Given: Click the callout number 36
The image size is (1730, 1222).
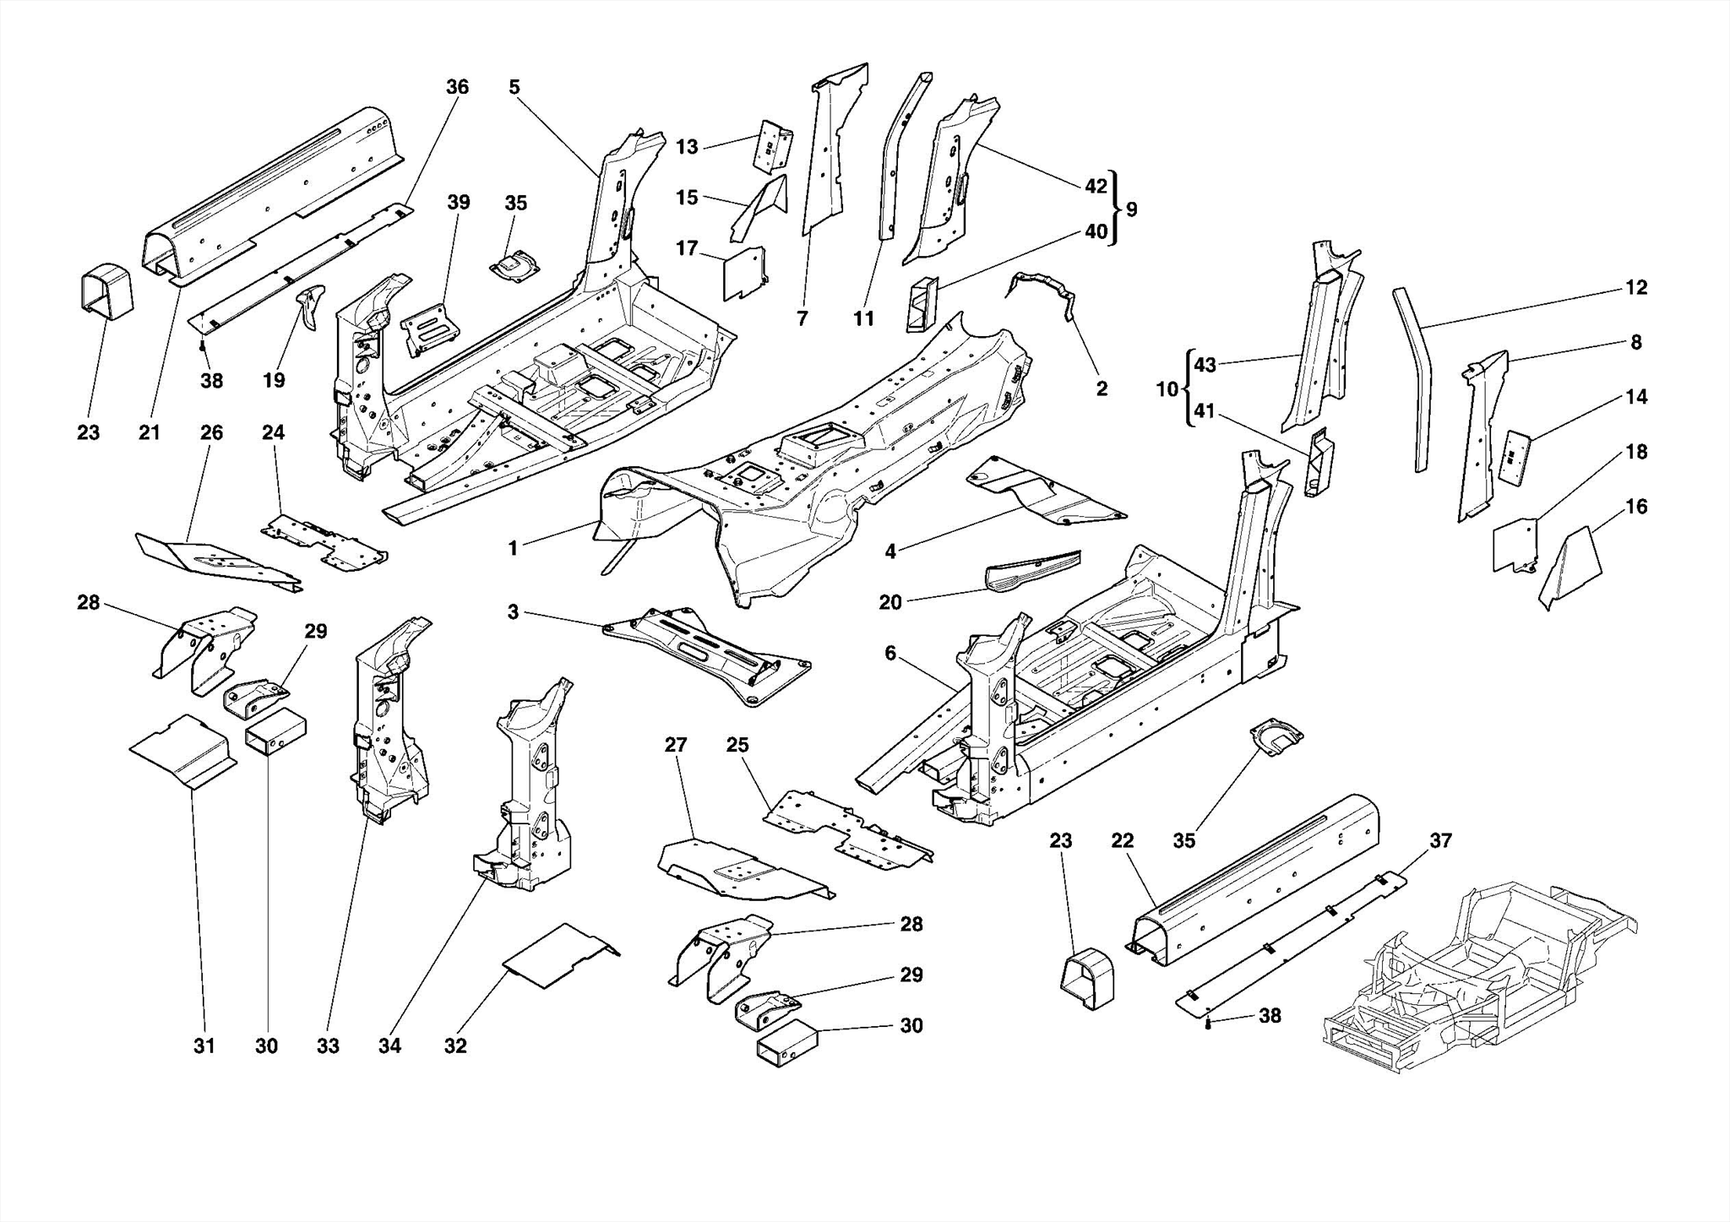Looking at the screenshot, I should pyautogui.click(x=457, y=87).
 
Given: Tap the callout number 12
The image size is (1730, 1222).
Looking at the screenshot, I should pyautogui.click(x=1636, y=287).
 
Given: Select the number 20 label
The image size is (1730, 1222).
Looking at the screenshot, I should pyautogui.click(x=890, y=602).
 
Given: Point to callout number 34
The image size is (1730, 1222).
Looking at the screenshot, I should pyautogui.click(x=389, y=1045).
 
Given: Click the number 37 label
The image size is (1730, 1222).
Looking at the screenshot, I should pyautogui.click(x=1440, y=840).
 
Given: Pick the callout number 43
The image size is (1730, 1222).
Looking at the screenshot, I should pyautogui.click(x=1205, y=365).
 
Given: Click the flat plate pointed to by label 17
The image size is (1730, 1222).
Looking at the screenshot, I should pyautogui.click(x=744, y=272).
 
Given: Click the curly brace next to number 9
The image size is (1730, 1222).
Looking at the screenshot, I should pyautogui.click(x=1114, y=209).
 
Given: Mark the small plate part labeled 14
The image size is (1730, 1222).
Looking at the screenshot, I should pyautogui.click(x=1515, y=456).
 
